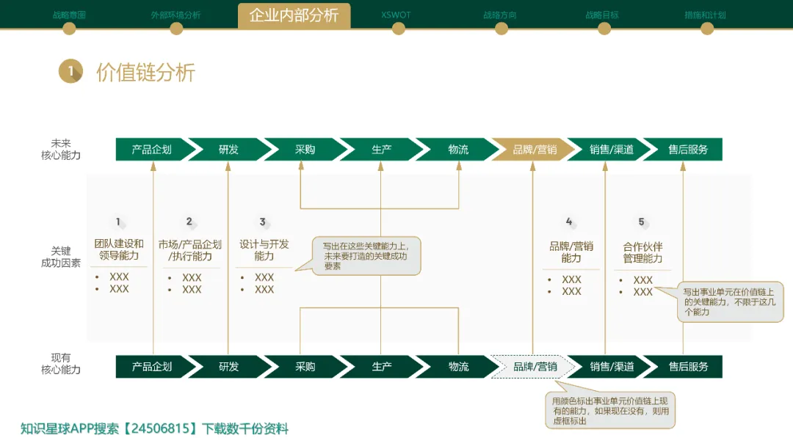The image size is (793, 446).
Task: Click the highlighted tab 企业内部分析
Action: [294, 15]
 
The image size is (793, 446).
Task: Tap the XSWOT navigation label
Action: [396, 15]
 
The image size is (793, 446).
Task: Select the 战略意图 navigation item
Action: [69, 15]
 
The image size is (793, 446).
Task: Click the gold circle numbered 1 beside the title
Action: [70, 71]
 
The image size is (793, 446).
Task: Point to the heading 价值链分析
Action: [145, 73]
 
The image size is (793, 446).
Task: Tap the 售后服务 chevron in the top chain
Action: [687, 150]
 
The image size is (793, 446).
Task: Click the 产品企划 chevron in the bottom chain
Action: [151, 367]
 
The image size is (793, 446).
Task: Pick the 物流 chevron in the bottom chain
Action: [458, 367]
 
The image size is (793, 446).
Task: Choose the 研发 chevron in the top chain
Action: [228, 150]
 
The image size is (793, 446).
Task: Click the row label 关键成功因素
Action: [61, 257]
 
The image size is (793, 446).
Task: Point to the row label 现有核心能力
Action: [61, 364]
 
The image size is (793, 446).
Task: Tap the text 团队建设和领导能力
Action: [119, 249]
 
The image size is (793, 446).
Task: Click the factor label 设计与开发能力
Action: [264, 249]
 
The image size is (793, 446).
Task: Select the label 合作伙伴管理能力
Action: [642, 253]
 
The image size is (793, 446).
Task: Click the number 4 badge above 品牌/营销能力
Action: [569, 222]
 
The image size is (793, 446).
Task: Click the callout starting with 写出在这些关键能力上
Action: [366, 256]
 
